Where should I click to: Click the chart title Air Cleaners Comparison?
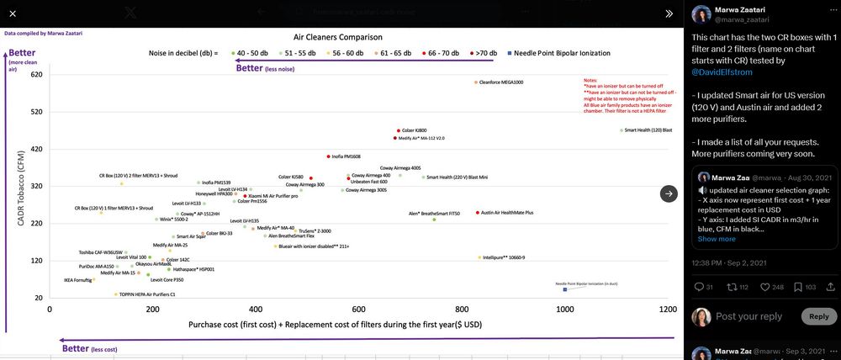(x=337, y=38)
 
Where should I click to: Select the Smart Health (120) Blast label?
(x=648, y=130)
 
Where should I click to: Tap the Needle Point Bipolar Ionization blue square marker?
(x=565, y=290)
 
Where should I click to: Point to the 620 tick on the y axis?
(x=35, y=75)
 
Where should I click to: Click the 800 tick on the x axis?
(x=462, y=310)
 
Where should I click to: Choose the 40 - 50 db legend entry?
(x=250, y=53)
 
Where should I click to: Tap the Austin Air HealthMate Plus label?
(x=507, y=213)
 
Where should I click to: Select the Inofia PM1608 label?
(x=346, y=156)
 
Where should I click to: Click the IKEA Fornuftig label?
(x=77, y=280)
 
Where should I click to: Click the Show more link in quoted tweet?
(x=717, y=239)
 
